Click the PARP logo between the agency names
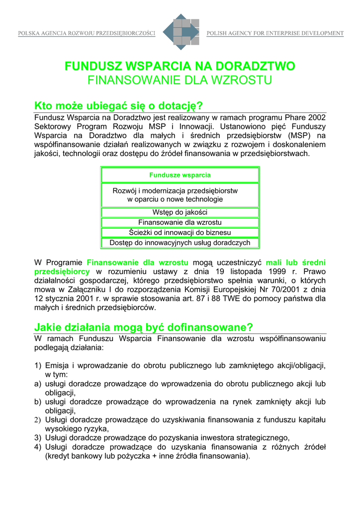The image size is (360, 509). (180, 32)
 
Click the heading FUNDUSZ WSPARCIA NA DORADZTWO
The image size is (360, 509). (180, 66)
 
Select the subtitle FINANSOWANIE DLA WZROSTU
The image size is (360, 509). (180, 80)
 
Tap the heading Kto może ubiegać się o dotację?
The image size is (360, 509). (119, 106)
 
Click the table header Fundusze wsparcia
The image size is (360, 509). (180, 175)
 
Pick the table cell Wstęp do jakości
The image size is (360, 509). (180, 212)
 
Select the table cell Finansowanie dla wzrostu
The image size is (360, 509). (180, 222)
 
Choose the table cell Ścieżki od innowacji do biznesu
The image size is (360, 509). (180, 232)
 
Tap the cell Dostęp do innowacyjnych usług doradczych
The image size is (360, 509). (180, 243)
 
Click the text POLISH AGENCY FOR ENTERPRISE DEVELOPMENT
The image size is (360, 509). (275, 34)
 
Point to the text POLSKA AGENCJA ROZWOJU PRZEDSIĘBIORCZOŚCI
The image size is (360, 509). (87, 34)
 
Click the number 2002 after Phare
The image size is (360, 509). (316, 117)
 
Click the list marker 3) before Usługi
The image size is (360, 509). (38, 437)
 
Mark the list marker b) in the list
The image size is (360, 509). (38, 402)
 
